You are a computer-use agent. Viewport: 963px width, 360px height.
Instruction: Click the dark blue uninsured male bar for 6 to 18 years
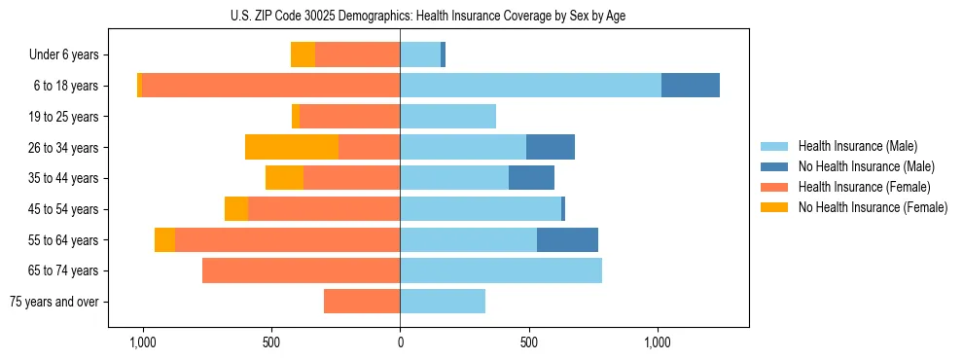click(x=691, y=86)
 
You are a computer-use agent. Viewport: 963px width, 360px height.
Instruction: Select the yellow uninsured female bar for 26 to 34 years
click(x=292, y=147)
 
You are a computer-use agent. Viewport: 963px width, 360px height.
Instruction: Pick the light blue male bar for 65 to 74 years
click(x=501, y=270)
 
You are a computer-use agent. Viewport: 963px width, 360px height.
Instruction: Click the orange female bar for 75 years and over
click(x=362, y=302)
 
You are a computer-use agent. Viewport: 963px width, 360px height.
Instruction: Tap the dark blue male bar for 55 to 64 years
click(x=567, y=239)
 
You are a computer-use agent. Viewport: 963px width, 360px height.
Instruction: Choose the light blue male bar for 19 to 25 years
click(x=447, y=117)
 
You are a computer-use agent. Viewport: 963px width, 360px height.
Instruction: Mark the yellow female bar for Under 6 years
click(x=303, y=54)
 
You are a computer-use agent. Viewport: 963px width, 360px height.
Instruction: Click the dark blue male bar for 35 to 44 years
click(x=531, y=178)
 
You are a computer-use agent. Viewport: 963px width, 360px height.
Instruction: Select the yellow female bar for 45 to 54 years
click(x=236, y=209)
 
